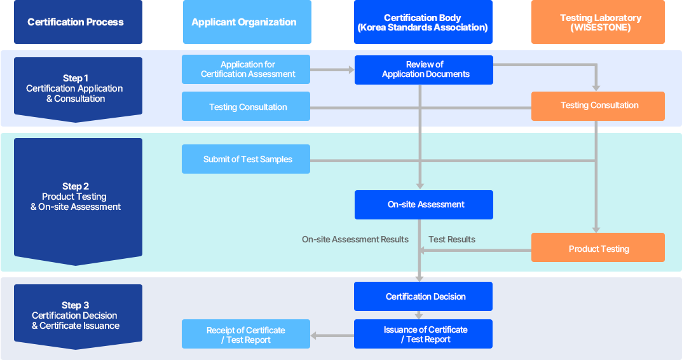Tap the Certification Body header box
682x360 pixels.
[423, 22]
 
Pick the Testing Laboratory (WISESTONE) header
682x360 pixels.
[597, 22]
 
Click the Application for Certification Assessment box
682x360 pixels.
[246, 69]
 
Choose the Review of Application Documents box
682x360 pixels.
[424, 69]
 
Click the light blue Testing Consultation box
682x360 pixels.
[246, 107]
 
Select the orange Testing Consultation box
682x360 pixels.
[597, 106]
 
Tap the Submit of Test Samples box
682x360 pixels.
[246, 159]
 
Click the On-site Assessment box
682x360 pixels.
[424, 205]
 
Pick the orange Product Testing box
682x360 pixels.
[597, 248]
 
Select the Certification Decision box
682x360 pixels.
[423, 296]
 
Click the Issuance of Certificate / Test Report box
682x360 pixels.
[423, 335]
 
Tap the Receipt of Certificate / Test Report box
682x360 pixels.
[246, 335]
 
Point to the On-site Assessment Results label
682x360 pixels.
[355, 240]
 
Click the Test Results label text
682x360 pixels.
[452, 240]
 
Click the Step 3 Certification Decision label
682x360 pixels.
[75, 315]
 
